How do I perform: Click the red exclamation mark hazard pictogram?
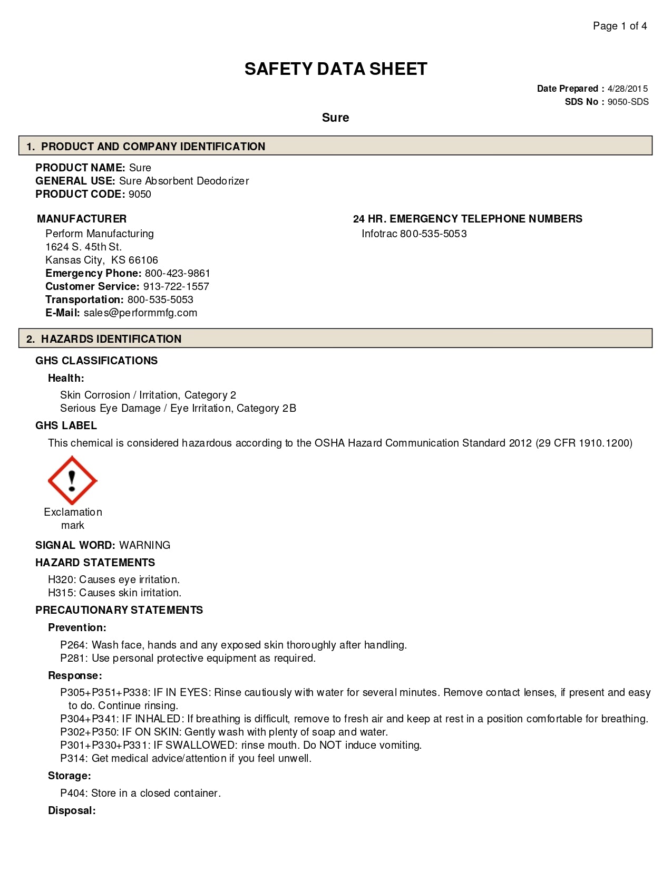coord(72,480)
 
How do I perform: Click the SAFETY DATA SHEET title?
coord(336,69)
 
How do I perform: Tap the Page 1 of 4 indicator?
coord(620,26)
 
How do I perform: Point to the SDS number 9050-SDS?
coord(628,102)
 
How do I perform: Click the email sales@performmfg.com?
coord(140,313)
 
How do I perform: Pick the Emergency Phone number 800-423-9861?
coord(178,273)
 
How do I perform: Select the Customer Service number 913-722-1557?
coord(176,286)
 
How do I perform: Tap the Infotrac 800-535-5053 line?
coord(414,234)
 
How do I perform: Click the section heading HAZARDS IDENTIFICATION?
coord(111,339)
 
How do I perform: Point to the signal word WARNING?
coord(145,545)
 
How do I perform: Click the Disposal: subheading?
coord(72,810)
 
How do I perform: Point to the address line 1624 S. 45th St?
coord(83,247)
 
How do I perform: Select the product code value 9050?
coord(140,194)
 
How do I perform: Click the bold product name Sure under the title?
coord(335,118)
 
